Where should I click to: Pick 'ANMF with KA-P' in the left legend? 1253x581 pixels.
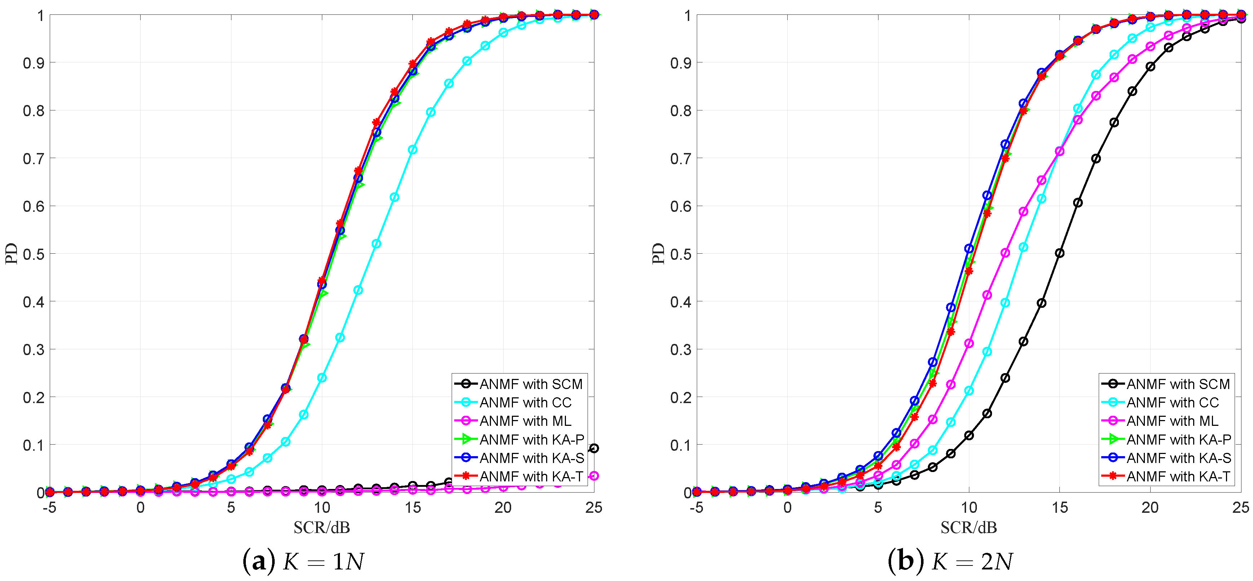(531, 440)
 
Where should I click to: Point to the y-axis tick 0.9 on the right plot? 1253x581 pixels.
(681, 63)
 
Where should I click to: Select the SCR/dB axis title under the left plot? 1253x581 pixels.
(322, 528)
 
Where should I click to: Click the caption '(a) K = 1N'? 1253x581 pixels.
(303, 562)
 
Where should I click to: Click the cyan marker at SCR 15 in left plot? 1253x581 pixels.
(412, 150)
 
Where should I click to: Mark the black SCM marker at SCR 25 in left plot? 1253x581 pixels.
(593, 448)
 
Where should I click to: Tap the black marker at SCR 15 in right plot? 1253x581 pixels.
(1059, 253)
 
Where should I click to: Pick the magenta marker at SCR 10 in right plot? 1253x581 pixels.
(969, 343)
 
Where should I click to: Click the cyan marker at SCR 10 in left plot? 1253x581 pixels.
(322, 377)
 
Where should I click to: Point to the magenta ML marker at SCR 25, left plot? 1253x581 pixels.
(593, 476)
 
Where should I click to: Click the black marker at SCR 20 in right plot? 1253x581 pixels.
(1150, 67)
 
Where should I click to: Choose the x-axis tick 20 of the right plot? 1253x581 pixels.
(1150, 508)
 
